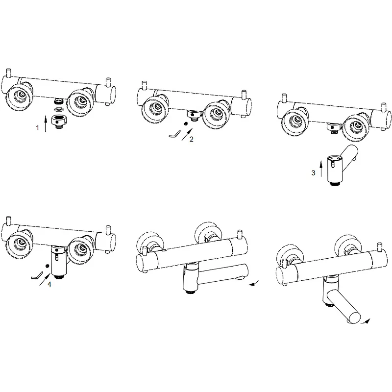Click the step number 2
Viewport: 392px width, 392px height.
point(191,139)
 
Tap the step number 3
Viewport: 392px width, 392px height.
point(314,172)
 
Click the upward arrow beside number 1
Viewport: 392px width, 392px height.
point(46,123)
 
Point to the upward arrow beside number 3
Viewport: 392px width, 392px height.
point(321,170)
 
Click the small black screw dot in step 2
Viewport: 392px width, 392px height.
point(185,124)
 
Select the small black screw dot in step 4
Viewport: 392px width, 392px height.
point(46,265)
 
